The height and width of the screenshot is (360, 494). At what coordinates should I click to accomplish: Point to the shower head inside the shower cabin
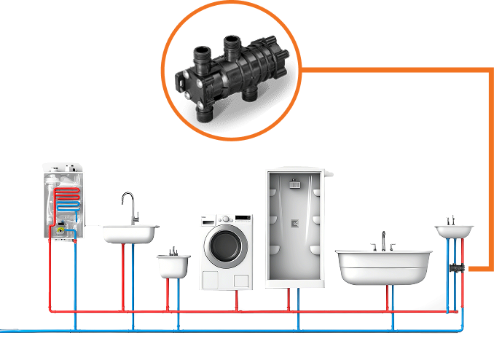294,184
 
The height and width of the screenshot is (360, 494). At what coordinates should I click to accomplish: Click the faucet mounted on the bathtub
383,240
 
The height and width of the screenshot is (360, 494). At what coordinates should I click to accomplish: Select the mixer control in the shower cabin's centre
294,222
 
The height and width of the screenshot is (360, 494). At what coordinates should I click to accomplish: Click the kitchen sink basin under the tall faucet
128,234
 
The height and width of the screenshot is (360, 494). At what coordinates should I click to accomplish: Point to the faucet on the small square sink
173,249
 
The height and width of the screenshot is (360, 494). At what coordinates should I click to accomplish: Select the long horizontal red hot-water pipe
255,312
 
